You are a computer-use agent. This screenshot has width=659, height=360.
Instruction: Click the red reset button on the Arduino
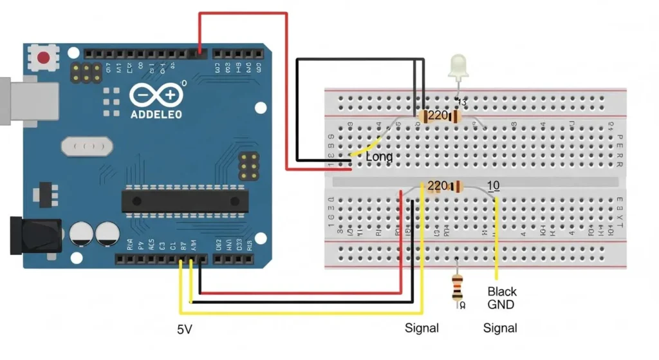point(44,58)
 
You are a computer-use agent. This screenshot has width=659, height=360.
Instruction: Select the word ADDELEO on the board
point(156,114)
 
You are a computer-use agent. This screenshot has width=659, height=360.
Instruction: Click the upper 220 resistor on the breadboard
point(439,117)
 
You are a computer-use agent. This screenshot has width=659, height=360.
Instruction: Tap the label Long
point(379,156)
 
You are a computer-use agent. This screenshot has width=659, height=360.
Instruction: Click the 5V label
point(185,330)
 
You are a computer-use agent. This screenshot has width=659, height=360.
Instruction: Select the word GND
point(501,305)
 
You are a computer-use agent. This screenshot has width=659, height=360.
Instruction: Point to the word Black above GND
point(502,292)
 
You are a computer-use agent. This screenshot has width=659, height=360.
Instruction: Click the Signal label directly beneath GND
point(500,328)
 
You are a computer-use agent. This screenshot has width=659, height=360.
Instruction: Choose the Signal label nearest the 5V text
point(422,328)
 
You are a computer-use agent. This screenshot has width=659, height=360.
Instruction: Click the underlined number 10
point(494,185)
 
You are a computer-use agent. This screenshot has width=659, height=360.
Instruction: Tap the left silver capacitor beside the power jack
point(82,234)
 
